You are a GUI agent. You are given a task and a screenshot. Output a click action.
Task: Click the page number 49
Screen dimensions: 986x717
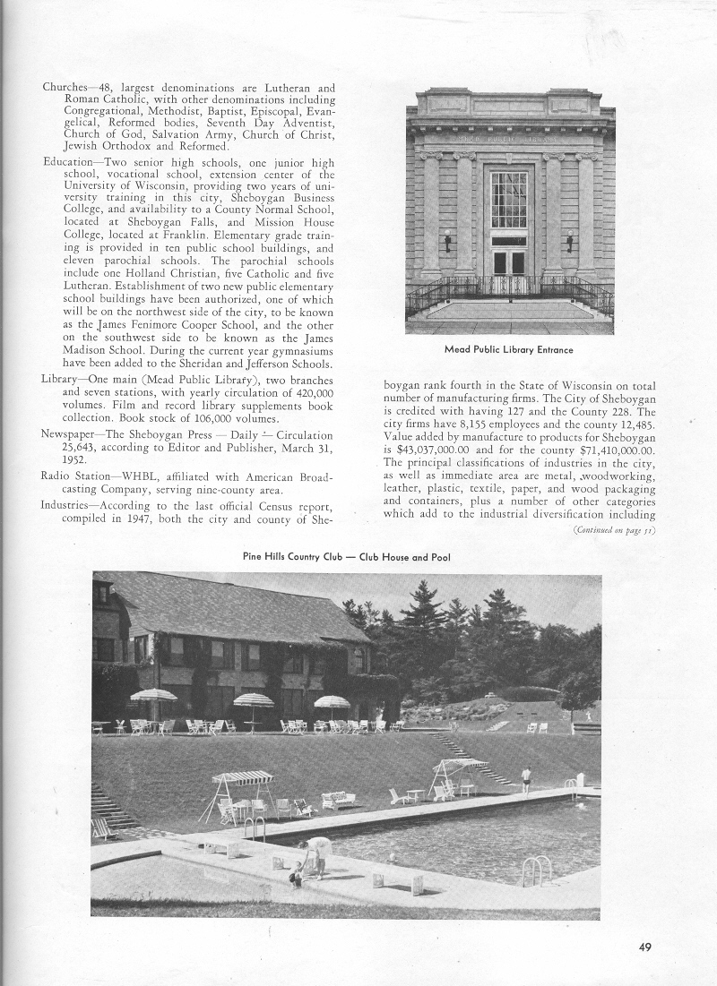coord(645,948)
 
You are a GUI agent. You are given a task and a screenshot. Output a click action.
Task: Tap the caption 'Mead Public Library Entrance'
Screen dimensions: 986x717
coord(508,349)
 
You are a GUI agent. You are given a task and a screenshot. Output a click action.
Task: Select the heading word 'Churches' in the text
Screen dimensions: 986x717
coord(64,88)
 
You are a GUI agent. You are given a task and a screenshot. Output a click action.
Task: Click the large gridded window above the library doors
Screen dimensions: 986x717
coord(509,200)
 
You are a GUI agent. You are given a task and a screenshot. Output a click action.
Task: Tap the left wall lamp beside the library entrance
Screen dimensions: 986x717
coord(447,239)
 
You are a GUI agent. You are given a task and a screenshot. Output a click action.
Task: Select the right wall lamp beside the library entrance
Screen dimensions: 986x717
coord(570,239)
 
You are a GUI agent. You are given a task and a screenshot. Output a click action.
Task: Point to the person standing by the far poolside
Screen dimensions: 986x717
coord(526,777)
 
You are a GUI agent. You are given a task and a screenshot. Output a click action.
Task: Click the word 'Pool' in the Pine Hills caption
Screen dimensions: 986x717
coord(439,556)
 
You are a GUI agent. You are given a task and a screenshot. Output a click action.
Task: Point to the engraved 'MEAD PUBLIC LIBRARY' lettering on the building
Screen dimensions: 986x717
coord(509,139)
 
